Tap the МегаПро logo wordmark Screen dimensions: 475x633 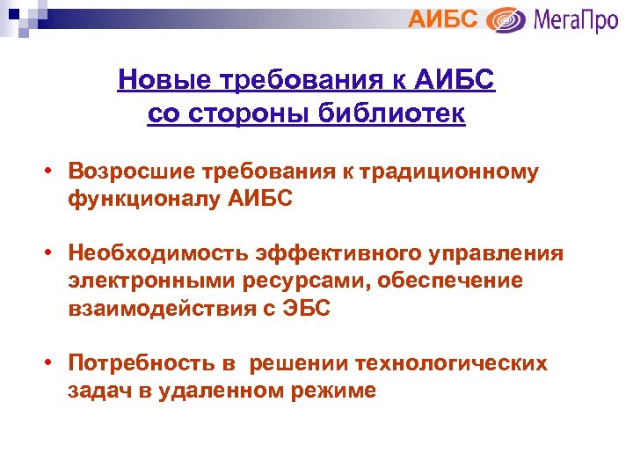pyautogui.click(x=577, y=19)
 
